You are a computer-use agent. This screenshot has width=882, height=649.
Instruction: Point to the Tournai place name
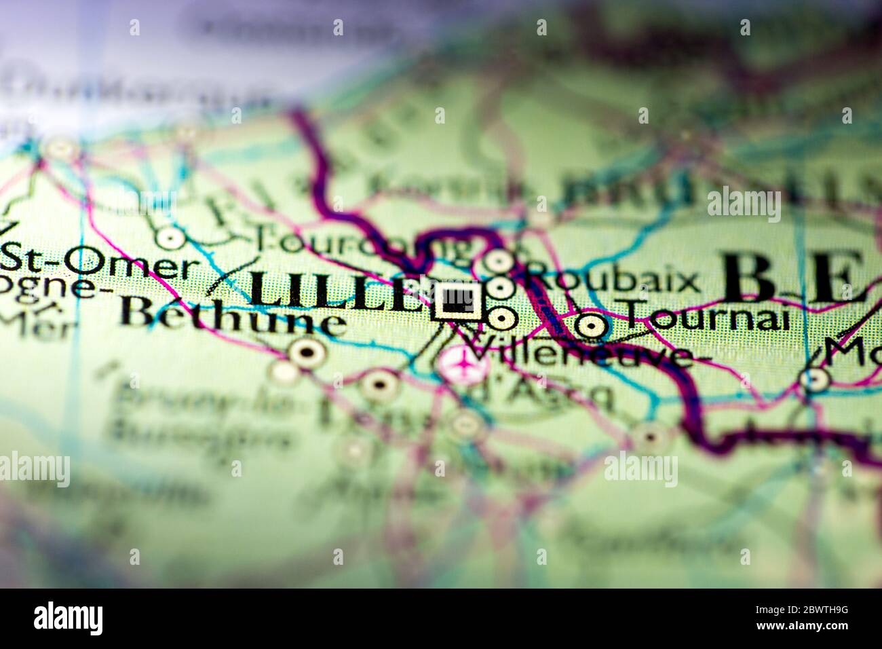[x=706, y=316]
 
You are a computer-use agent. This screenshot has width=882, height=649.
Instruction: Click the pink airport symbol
[x=464, y=365]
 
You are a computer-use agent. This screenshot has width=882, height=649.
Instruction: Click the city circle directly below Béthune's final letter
[x=307, y=352]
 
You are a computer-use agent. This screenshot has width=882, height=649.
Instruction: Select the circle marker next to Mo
[x=813, y=379]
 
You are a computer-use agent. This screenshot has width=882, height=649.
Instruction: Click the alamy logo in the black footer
[x=68, y=618]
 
